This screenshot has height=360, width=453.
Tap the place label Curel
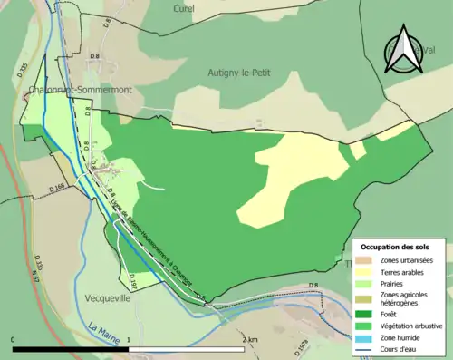(184, 8)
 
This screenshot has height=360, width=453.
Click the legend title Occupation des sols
(396, 247)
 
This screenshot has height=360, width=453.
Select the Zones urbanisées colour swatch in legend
(365, 260)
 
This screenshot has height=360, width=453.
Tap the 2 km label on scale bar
(251, 340)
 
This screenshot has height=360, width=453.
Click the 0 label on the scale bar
(14, 340)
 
